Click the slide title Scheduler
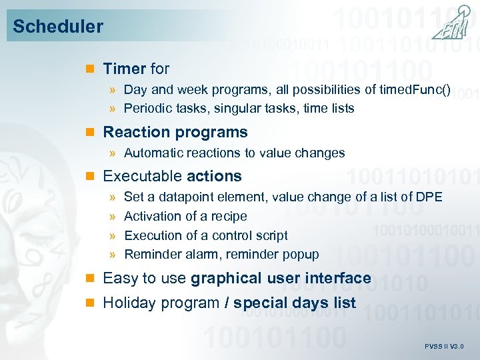coord(58,27)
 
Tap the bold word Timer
coord(125,69)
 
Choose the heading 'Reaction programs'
coord(175,132)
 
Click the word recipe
coord(229,216)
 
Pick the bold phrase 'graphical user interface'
coord(281,278)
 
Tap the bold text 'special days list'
coord(295,303)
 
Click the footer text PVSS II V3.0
coord(444,347)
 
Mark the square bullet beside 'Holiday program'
coord(92,303)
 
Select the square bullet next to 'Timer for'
coord(92,69)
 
